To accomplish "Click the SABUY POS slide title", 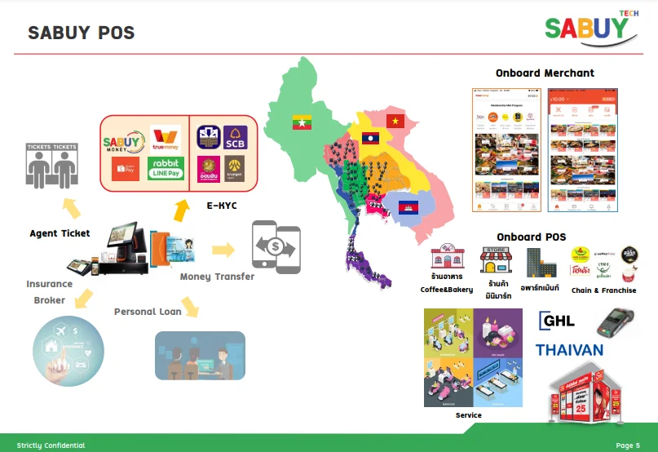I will click(81, 33).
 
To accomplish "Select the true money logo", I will click(166, 140).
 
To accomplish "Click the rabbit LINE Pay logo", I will click(166, 169).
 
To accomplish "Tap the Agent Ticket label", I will click(60, 233).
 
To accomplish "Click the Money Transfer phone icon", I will click(276, 245).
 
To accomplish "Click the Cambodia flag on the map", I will click(408, 207).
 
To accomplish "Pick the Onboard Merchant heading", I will click(545, 73).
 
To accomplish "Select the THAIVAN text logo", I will click(569, 350).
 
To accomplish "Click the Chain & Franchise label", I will click(603, 290).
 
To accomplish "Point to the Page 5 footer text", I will click(628, 445).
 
